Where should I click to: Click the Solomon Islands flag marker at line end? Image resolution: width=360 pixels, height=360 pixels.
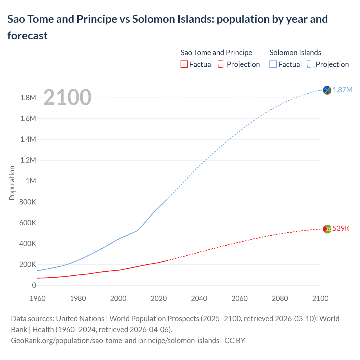click(x=327, y=90)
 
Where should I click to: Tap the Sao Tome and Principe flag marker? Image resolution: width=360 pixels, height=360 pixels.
click(x=327, y=229)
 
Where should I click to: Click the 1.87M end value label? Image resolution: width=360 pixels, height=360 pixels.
click(x=343, y=90)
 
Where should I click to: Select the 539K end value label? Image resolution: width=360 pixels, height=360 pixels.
click(x=341, y=228)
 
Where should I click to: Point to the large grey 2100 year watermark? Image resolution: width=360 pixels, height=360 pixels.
click(x=67, y=97)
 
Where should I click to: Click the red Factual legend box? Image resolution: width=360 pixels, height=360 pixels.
click(x=184, y=64)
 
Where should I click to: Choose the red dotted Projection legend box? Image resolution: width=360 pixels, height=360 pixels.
click(x=222, y=64)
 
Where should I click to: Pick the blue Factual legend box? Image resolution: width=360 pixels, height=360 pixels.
click(x=273, y=64)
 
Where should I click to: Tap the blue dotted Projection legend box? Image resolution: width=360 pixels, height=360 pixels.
click(x=311, y=64)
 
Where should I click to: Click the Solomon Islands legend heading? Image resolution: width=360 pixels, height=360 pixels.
click(x=295, y=53)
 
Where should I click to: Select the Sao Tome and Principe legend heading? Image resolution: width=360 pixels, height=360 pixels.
click(x=216, y=53)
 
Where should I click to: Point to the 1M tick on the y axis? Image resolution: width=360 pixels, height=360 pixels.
click(x=31, y=181)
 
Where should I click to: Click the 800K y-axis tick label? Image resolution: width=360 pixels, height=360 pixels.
click(x=28, y=202)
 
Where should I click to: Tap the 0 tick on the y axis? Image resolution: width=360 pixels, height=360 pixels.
click(x=34, y=285)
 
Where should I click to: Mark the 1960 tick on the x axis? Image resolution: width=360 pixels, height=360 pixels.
click(x=37, y=298)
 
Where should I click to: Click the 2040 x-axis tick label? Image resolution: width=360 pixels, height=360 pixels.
click(x=199, y=298)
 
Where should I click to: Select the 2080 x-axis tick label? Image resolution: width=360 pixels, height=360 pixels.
click(x=280, y=298)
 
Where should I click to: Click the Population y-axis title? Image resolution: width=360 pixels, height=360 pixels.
click(x=12, y=183)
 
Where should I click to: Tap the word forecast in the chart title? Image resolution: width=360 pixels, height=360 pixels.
click(x=27, y=36)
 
